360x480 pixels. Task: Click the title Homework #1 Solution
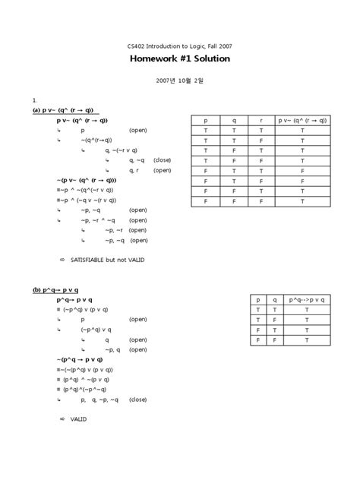click(x=179, y=58)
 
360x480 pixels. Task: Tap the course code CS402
click(x=138, y=44)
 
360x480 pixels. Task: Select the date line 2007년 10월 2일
click(x=179, y=80)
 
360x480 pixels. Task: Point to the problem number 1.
click(x=34, y=99)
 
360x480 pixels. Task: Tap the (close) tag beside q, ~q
click(x=162, y=160)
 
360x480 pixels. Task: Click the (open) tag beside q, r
click(x=162, y=170)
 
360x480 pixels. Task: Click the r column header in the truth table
click(x=261, y=121)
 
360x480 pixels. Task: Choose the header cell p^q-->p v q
click(x=307, y=300)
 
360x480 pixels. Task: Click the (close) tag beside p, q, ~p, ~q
click(x=137, y=399)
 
